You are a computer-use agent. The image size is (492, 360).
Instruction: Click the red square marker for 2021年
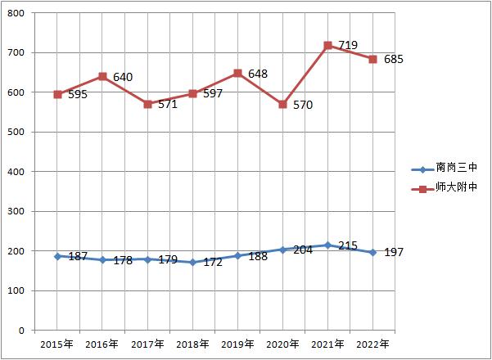[327, 46]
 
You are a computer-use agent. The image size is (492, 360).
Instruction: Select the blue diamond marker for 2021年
[327, 245]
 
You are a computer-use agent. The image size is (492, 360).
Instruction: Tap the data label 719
[348, 45]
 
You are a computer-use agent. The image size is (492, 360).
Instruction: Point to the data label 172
[213, 263]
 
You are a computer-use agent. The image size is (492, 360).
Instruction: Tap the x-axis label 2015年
[58, 343]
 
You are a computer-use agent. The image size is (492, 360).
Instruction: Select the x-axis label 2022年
[372, 343]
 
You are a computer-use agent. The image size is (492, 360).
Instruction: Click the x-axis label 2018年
[192, 343]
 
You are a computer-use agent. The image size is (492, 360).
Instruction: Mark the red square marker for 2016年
[103, 77]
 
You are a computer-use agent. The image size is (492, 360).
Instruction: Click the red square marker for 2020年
[282, 105]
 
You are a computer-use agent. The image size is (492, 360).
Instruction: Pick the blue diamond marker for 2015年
[58, 256]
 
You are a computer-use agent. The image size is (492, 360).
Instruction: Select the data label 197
[395, 252]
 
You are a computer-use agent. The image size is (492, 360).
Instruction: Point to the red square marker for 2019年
[237, 74]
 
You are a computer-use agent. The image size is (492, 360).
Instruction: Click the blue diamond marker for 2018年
[192, 262]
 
